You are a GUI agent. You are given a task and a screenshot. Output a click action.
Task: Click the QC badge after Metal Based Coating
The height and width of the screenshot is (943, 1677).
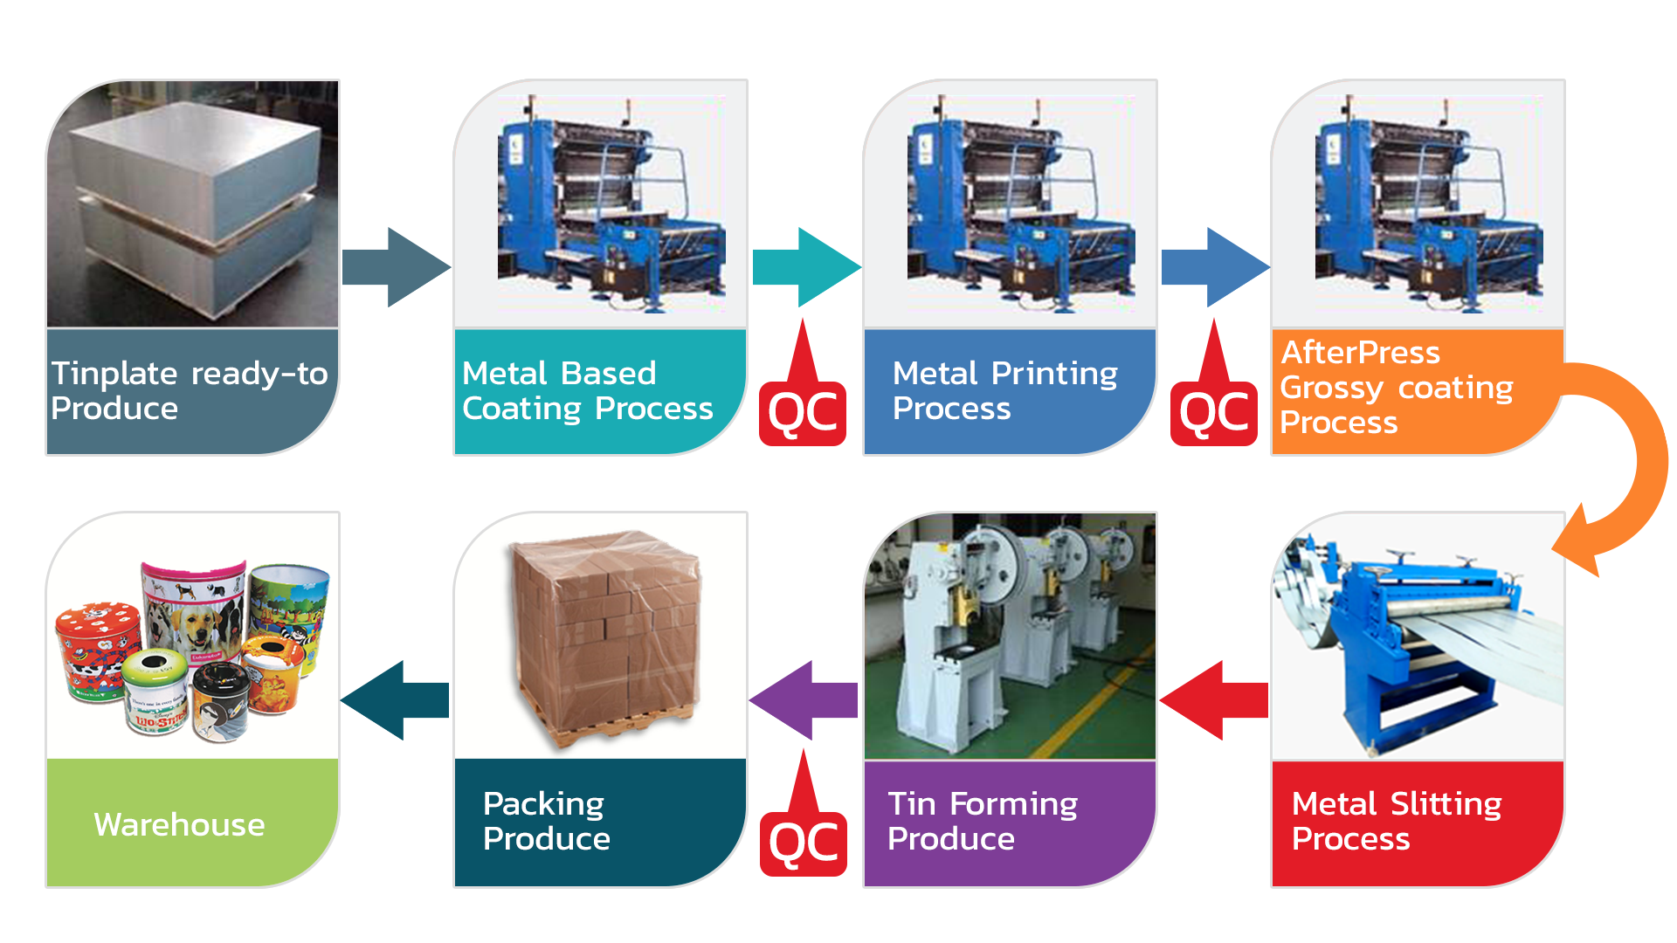(x=803, y=411)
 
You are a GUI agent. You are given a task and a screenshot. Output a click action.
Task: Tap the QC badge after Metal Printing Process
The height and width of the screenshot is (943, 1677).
(x=1213, y=411)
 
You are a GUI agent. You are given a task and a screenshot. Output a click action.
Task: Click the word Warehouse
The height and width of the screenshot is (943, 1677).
(x=179, y=824)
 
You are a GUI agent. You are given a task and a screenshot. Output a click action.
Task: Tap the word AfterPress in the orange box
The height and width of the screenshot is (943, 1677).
(x=1360, y=352)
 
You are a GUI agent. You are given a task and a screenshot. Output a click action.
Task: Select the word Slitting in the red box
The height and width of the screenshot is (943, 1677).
(x=1446, y=803)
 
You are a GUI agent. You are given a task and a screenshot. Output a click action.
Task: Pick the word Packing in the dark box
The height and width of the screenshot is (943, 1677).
(x=543, y=803)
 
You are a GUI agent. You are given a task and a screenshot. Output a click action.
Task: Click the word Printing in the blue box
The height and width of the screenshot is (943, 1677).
(x=1054, y=374)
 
